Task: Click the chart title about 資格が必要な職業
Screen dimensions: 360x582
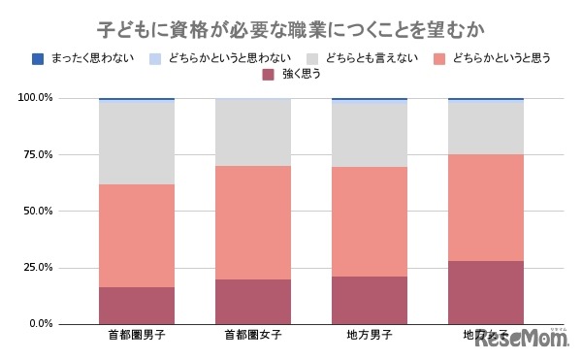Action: (x=291, y=26)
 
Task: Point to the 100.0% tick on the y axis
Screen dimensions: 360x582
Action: (x=36, y=98)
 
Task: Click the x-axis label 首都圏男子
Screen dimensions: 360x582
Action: (x=136, y=336)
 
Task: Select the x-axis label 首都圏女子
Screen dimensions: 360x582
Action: (x=252, y=336)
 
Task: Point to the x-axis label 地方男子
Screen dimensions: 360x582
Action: (x=369, y=336)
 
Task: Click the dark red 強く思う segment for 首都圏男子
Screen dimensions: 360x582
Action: (x=136, y=305)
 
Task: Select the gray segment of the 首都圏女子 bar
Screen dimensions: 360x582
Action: (x=252, y=132)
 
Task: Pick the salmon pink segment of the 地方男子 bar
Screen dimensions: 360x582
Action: (x=369, y=221)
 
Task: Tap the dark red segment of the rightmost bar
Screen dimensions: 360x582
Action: (x=485, y=291)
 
